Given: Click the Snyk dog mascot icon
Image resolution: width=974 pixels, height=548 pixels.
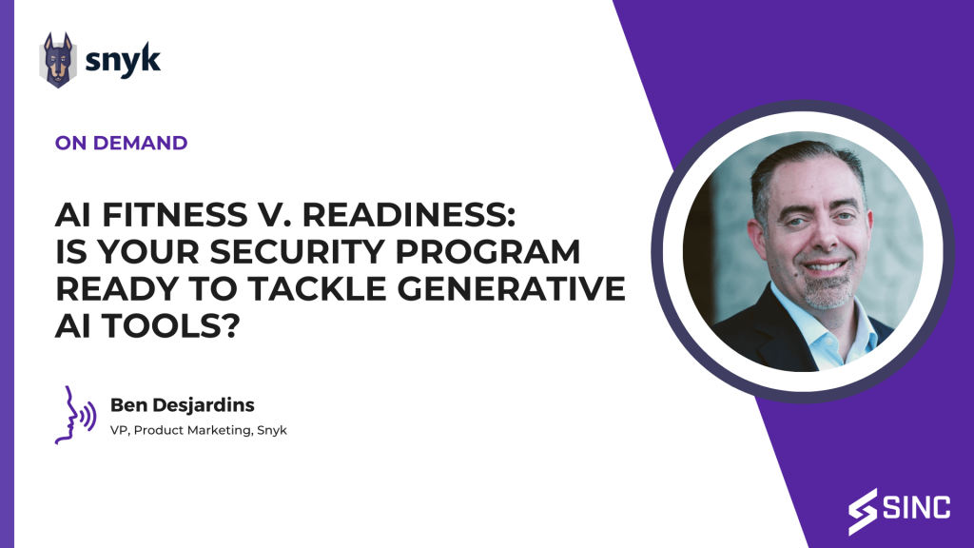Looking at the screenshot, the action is click(58, 60).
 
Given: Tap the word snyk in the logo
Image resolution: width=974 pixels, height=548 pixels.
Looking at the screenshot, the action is click(123, 60).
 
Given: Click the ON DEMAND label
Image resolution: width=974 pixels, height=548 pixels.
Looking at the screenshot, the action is click(121, 143).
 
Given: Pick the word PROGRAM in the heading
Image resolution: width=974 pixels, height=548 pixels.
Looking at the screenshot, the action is click(488, 251).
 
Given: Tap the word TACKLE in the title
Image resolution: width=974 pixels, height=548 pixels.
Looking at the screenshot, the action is click(318, 289).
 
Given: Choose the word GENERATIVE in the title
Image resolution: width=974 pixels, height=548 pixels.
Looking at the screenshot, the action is click(511, 289).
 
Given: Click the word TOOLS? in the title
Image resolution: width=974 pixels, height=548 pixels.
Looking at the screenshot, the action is click(171, 325).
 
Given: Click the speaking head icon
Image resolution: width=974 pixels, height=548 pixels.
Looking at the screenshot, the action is click(75, 415).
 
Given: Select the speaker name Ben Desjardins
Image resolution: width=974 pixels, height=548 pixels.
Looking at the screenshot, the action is click(182, 405).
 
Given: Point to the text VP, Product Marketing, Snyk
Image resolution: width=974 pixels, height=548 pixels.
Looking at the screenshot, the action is click(198, 430).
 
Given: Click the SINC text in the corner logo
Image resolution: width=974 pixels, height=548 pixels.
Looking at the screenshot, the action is click(916, 508).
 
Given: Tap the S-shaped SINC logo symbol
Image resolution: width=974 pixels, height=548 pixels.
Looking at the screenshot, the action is click(863, 512).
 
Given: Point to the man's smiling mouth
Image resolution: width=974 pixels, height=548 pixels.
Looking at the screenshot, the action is click(824, 266).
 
